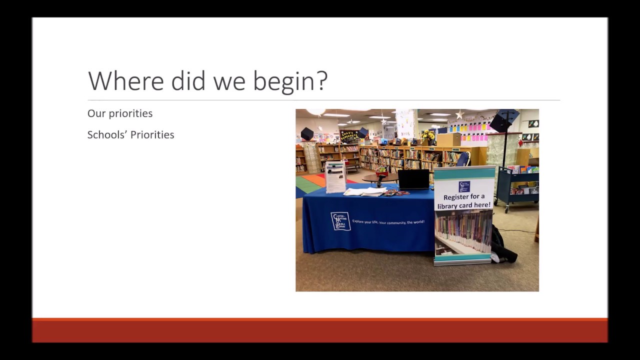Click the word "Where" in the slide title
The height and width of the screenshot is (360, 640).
[125, 81]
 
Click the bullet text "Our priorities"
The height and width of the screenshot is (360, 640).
[120, 113]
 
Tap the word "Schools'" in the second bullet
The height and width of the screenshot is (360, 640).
[105, 134]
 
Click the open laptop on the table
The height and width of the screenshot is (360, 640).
[413, 179]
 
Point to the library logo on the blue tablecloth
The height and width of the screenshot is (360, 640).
[340, 221]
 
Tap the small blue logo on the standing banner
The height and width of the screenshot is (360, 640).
[464, 186]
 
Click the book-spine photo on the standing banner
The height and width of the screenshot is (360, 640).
[463, 232]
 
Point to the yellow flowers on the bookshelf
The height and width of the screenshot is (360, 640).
[428, 135]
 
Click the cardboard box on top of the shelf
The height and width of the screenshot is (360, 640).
[448, 139]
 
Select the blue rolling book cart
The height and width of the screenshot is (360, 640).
[517, 187]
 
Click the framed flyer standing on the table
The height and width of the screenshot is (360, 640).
[335, 177]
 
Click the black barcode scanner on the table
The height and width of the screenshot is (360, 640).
[381, 181]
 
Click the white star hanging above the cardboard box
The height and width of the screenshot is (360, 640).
[459, 115]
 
